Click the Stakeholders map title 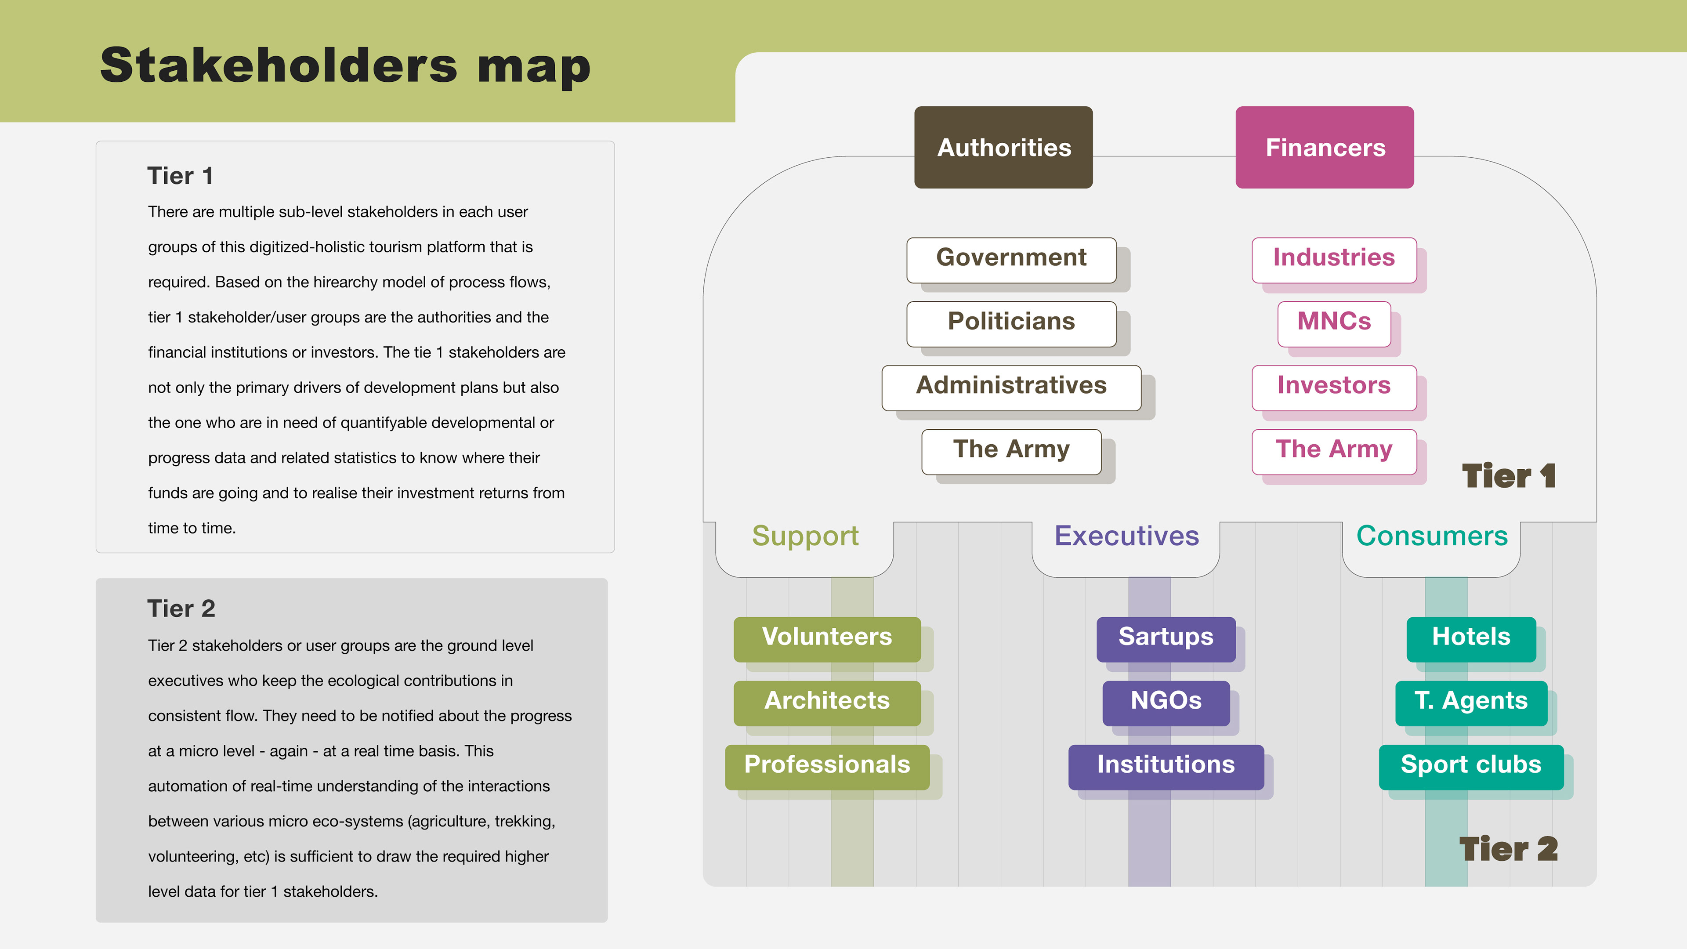345,67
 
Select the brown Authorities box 1003,147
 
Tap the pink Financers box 1324,147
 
